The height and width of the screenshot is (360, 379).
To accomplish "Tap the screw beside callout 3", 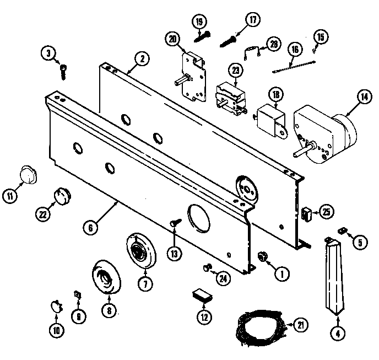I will (64, 69).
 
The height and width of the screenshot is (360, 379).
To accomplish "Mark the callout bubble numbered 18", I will (277, 95).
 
